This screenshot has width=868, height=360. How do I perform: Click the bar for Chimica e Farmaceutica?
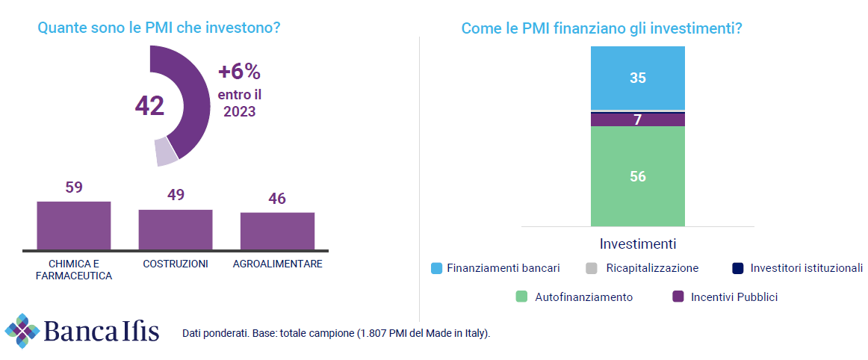74,225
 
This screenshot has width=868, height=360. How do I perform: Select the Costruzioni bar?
176,229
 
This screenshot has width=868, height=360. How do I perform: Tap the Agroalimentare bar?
277,231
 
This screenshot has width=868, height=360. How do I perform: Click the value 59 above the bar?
74,187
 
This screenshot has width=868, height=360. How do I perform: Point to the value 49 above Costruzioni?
176,195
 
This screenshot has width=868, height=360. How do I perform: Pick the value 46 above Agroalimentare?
277,199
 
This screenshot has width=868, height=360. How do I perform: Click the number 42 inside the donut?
149,106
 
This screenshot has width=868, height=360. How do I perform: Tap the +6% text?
239,72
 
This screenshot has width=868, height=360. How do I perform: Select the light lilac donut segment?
166,152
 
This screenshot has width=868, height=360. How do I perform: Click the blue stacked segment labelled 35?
637,78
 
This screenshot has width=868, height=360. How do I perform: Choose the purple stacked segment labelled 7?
637,120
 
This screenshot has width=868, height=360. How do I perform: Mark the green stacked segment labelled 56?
637,176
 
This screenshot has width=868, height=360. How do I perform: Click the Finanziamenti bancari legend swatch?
437,268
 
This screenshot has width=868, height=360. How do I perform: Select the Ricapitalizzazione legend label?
652,268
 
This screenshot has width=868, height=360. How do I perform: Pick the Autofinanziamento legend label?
583,297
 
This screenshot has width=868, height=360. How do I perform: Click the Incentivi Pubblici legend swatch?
678,297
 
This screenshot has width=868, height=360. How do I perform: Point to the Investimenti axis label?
637,244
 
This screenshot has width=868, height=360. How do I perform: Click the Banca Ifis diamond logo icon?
22,330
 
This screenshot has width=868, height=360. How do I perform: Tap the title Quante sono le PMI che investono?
158,28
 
